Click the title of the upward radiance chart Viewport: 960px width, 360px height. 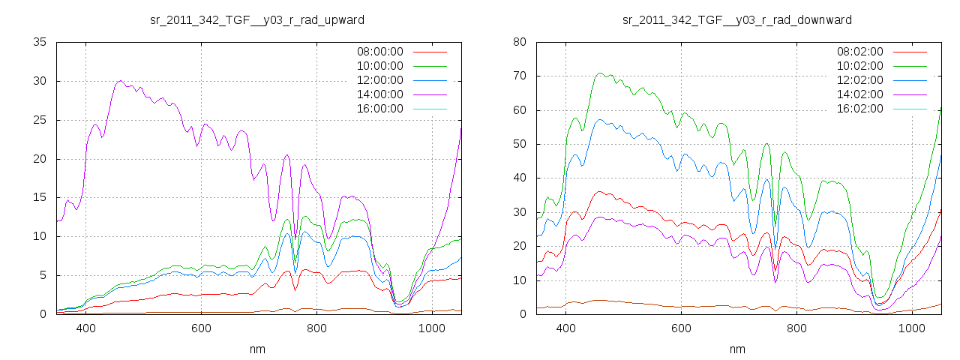coord(257,19)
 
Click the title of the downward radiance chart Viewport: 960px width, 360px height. coord(737,19)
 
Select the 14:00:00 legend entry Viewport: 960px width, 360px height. coord(379,94)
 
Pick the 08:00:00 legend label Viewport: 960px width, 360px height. coord(379,52)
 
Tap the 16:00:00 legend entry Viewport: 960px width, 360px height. coord(379,108)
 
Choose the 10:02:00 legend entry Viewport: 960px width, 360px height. coord(859,66)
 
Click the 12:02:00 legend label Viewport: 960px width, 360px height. coord(859,80)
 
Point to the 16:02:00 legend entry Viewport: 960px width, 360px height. coord(859,108)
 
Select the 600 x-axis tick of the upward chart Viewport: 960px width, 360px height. coord(201,328)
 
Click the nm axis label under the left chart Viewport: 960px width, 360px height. coord(257,349)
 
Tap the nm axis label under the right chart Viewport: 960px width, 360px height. coord(737,349)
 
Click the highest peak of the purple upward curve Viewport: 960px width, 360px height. coord(120,81)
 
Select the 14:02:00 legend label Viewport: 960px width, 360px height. coord(859,94)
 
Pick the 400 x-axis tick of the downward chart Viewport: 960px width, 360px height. coord(565,328)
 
